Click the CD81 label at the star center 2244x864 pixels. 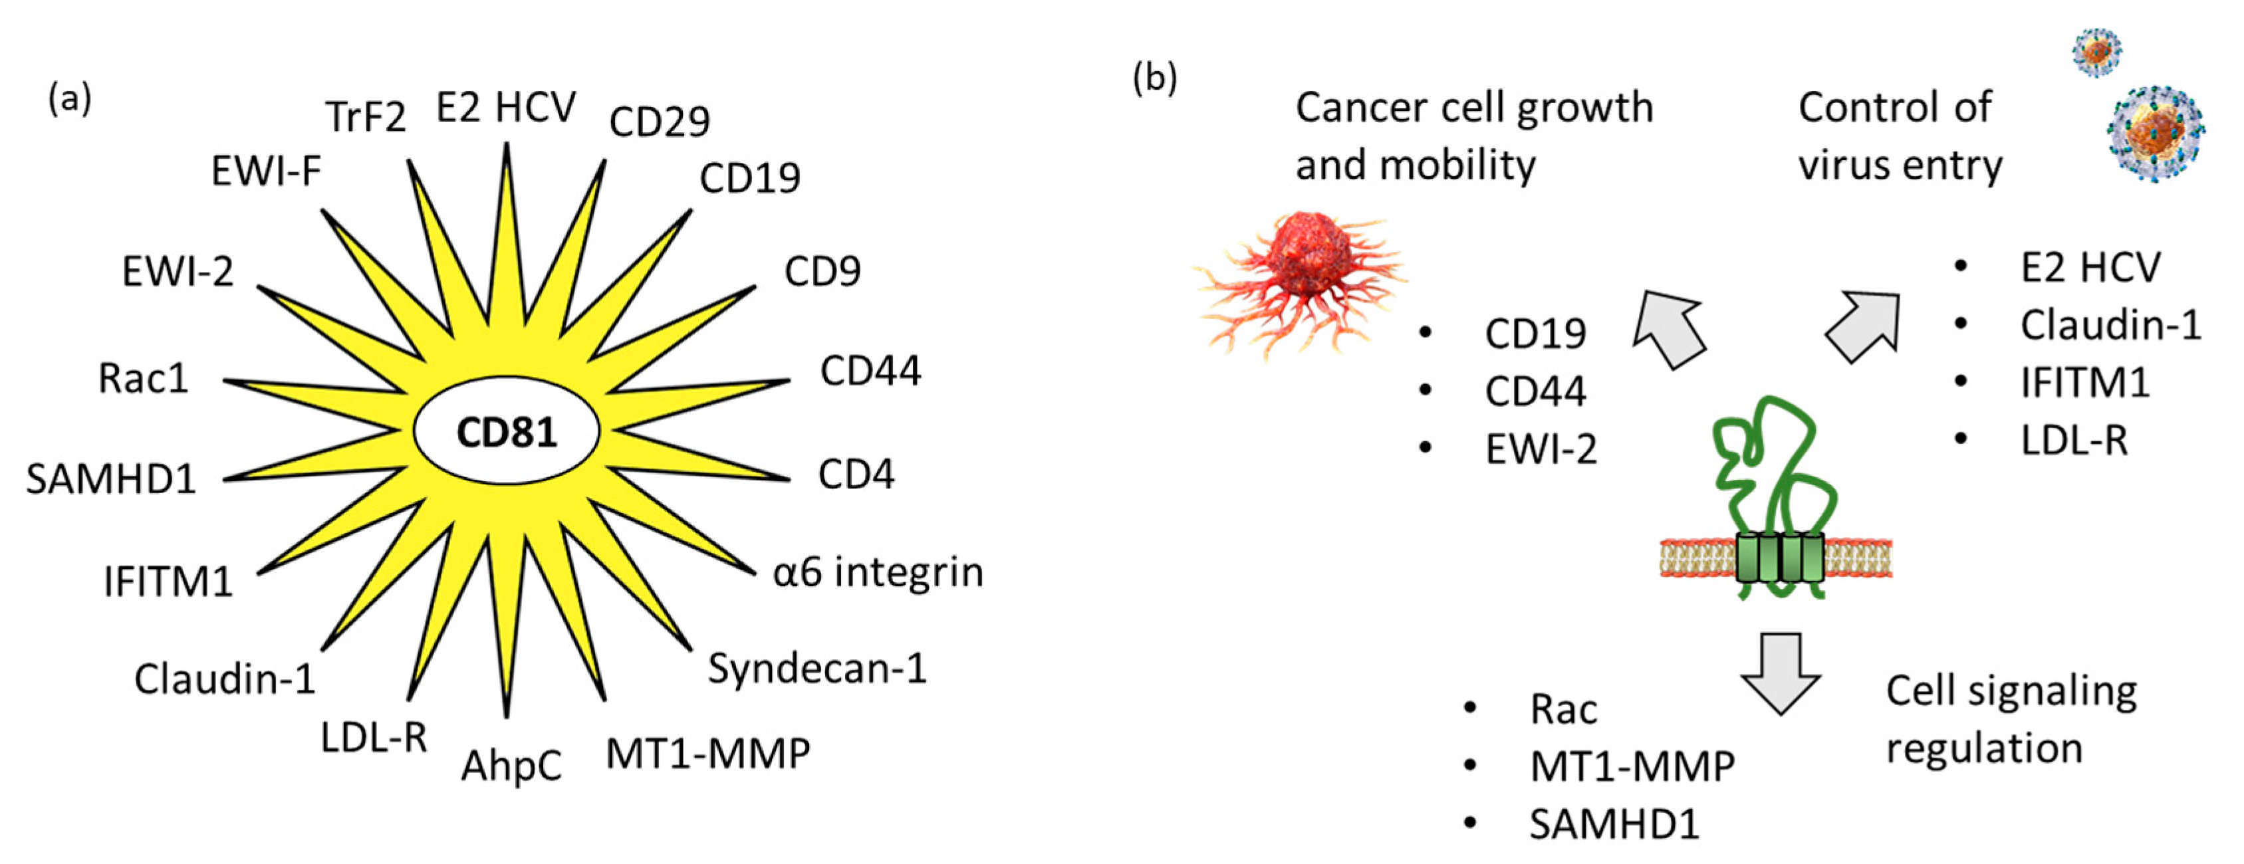[506, 433]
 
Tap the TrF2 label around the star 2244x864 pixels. [366, 117]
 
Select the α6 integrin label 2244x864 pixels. [877, 573]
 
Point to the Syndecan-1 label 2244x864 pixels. [816, 669]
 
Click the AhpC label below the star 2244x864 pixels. [511, 766]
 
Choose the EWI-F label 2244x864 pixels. [266, 171]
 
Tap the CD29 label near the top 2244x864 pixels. [660, 121]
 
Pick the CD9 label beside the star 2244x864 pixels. [821, 272]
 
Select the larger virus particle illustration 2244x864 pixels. [2154, 134]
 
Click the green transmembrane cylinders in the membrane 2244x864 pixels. [1779, 558]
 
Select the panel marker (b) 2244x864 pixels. [1154, 78]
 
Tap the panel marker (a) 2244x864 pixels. [70, 98]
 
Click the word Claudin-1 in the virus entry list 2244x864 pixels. [2110, 325]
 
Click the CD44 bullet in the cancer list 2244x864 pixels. [1535, 391]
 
